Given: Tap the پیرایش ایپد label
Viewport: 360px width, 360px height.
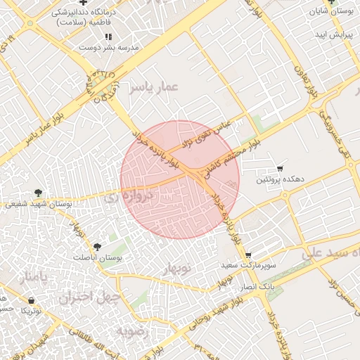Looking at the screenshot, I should click(331, 34).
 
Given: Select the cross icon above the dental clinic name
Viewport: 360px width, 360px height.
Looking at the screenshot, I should click(83, 3).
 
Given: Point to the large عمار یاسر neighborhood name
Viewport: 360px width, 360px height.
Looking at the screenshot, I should click(154, 87).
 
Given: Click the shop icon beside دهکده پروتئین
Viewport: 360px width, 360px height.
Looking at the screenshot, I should click(280, 169).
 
